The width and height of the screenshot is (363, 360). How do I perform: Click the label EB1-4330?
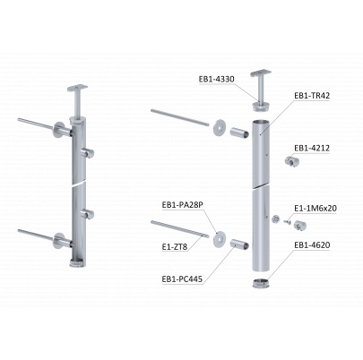217,79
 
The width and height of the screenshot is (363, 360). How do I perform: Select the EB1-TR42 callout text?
312,96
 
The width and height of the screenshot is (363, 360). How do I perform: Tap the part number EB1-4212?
312,148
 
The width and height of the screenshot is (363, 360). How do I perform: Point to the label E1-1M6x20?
315,208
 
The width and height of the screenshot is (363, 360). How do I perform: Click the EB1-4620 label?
312,245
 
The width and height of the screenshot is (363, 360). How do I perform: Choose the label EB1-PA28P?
182,205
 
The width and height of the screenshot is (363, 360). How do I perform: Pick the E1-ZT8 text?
175,247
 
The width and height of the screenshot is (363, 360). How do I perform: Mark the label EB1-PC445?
182,279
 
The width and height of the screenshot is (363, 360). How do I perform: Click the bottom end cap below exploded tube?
262,283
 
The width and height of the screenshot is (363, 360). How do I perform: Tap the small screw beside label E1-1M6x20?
288,221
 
